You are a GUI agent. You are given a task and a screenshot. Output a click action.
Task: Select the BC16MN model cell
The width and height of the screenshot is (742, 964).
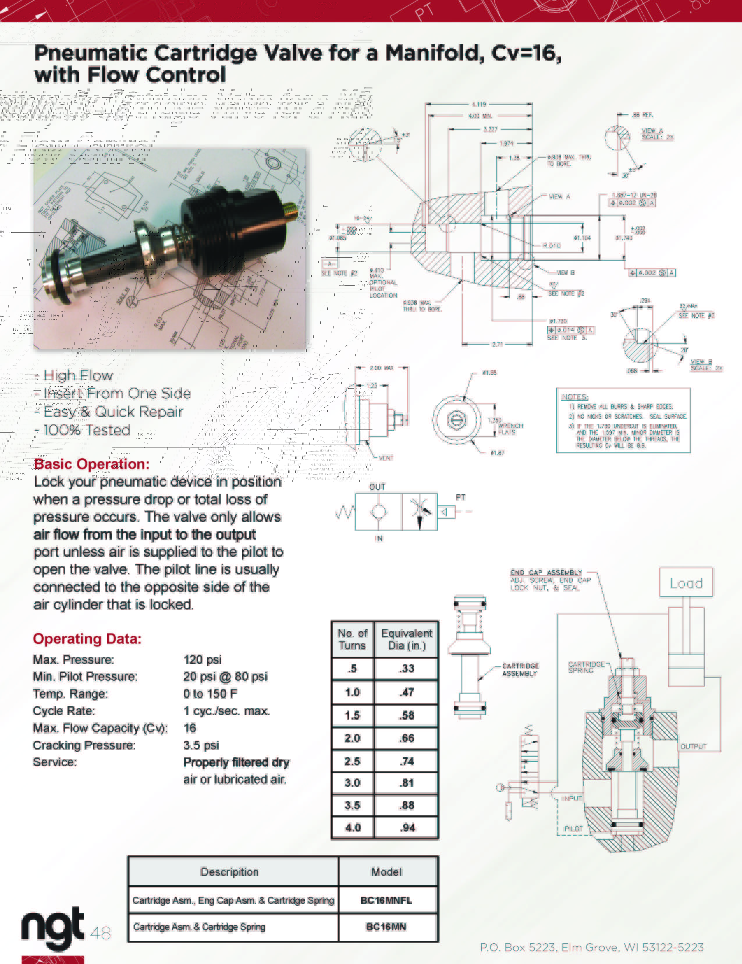pyautogui.click(x=386, y=927)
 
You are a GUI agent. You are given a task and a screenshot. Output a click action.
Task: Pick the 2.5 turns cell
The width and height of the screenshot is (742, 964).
pyautogui.click(x=352, y=761)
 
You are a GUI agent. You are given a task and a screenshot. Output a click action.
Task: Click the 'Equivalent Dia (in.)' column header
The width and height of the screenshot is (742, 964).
pyautogui.click(x=406, y=639)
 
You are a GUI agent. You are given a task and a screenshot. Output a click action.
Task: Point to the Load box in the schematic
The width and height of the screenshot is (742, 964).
pyautogui.click(x=686, y=583)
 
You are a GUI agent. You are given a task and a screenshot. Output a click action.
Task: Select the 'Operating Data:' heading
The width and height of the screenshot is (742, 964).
pyautogui.click(x=87, y=639)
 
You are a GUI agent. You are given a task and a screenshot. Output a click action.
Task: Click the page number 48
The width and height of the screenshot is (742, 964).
pyautogui.click(x=101, y=933)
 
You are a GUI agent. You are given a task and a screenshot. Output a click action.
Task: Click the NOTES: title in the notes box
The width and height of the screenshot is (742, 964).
pyautogui.click(x=575, y=397)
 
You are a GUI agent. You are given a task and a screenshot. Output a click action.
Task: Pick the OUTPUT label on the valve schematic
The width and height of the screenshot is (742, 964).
pyautogui.click(x=693, y=747)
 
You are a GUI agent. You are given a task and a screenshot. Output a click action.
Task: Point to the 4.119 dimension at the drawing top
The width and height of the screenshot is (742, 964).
pyautogui.click(x=479, y=104)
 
